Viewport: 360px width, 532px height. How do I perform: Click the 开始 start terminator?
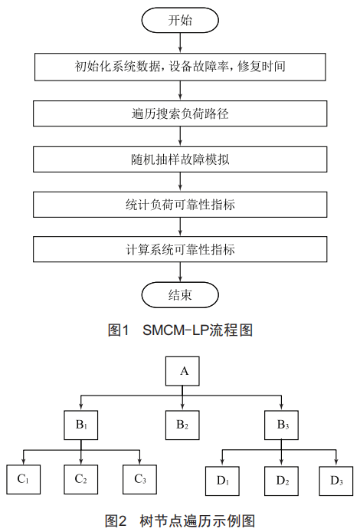pyautogui.click(x=180, y=20)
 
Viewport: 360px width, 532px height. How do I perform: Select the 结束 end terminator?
pyautogui.click(x=180, y=295)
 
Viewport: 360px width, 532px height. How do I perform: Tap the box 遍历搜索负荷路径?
pyautogui.click(x=180, y=113)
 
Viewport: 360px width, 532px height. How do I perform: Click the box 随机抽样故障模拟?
pyautogui.click(x=180, y=159)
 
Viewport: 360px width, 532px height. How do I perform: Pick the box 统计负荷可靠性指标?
pyautogui.click(x=180, y=204)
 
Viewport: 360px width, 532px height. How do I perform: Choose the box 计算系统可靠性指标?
pyautogui.click(x=180, y=249)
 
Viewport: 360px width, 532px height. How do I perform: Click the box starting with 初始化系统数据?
pyautogui.click(x=180, y=67)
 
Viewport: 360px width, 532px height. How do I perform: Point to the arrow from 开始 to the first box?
pyautogui.click(x=180, y=43)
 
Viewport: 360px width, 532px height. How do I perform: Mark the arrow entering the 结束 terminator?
pyautogui.click(x=180, y=272)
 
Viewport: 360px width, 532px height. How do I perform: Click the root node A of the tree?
pyautogui.click(x=182, y=371)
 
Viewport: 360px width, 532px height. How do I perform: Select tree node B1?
pyautogui.click(x=81, y=425)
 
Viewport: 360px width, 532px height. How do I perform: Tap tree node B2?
pyautogui.click(x=182, y=425)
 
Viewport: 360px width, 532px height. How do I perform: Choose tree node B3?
pyautogui.click(x=281, y=425)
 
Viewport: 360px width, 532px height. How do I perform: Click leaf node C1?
pyautogui.click(x=24, y=479)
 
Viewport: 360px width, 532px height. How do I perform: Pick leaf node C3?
pyautogui.click(x=139, y=479)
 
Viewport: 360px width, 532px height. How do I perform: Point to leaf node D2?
pyautogui.click(x=281, y=481)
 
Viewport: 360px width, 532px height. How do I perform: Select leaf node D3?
pyautogui.click(x=336, y=481)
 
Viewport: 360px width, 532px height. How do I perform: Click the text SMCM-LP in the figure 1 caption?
pyautogui.click(x=175, y=330)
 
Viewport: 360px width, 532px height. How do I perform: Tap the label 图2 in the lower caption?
pyautogui.click(x=115, y=521)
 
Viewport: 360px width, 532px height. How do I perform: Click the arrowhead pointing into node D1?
pyautogui.click(x=222, y=463)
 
